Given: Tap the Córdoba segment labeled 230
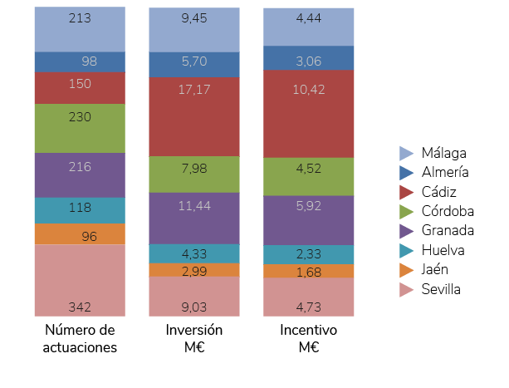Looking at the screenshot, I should tap(80, 128).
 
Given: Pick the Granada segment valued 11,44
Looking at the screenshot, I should tap(194, 219).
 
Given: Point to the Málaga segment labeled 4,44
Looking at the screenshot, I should tap(308, 26).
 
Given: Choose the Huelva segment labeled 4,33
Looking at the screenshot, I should tap(194, 253).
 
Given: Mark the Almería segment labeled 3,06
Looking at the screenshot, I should tap(308, 57).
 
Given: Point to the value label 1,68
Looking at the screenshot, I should tap(309, 270).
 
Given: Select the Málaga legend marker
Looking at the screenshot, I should tap(407, 153).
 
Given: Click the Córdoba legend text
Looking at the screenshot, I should tap(448, 211).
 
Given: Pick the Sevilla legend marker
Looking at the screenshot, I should tap(407, 289).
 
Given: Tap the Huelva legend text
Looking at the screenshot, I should tap(443, 250).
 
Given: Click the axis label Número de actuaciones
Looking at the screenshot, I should tap(80, 339).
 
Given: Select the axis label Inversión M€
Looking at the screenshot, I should tap(194, 339).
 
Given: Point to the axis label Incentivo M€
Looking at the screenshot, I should tap(308, 339).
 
